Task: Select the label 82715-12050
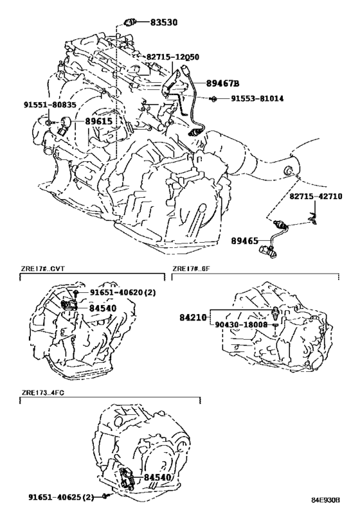(173, 57)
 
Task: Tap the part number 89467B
(222, 83)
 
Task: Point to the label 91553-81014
(257, 98)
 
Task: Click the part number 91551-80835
(50, 105)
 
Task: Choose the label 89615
(98, 121)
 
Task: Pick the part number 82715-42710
(316, 197)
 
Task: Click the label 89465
(245, 241)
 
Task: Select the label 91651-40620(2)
(123, 292)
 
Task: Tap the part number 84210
(193, 317)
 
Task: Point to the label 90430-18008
(241, 325)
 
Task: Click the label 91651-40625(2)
(61, 498)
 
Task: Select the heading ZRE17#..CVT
(42, 269)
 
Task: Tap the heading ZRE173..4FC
(42, 393)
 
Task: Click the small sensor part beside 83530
(130, 23)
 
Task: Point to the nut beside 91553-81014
(213, 99)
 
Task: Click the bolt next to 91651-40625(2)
(105, 497)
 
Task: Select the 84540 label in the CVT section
(103, 308)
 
